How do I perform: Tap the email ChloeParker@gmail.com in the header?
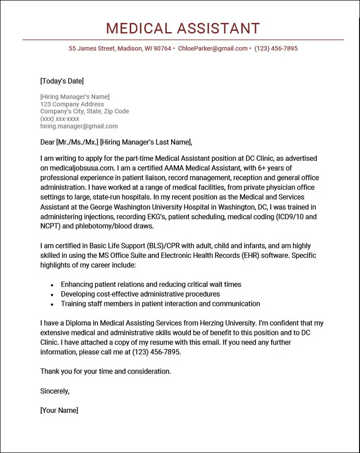[213, 49]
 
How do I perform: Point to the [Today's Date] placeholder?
[62, 81]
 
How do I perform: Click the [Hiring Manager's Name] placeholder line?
[75, 97]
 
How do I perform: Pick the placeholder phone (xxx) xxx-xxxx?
[60, 119]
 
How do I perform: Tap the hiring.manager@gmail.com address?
[79, 126]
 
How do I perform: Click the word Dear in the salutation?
[48, 142]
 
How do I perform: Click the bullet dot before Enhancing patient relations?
[52, 285]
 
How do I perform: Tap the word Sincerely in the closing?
[55, 391]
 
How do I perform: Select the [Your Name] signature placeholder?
[59, 410]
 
